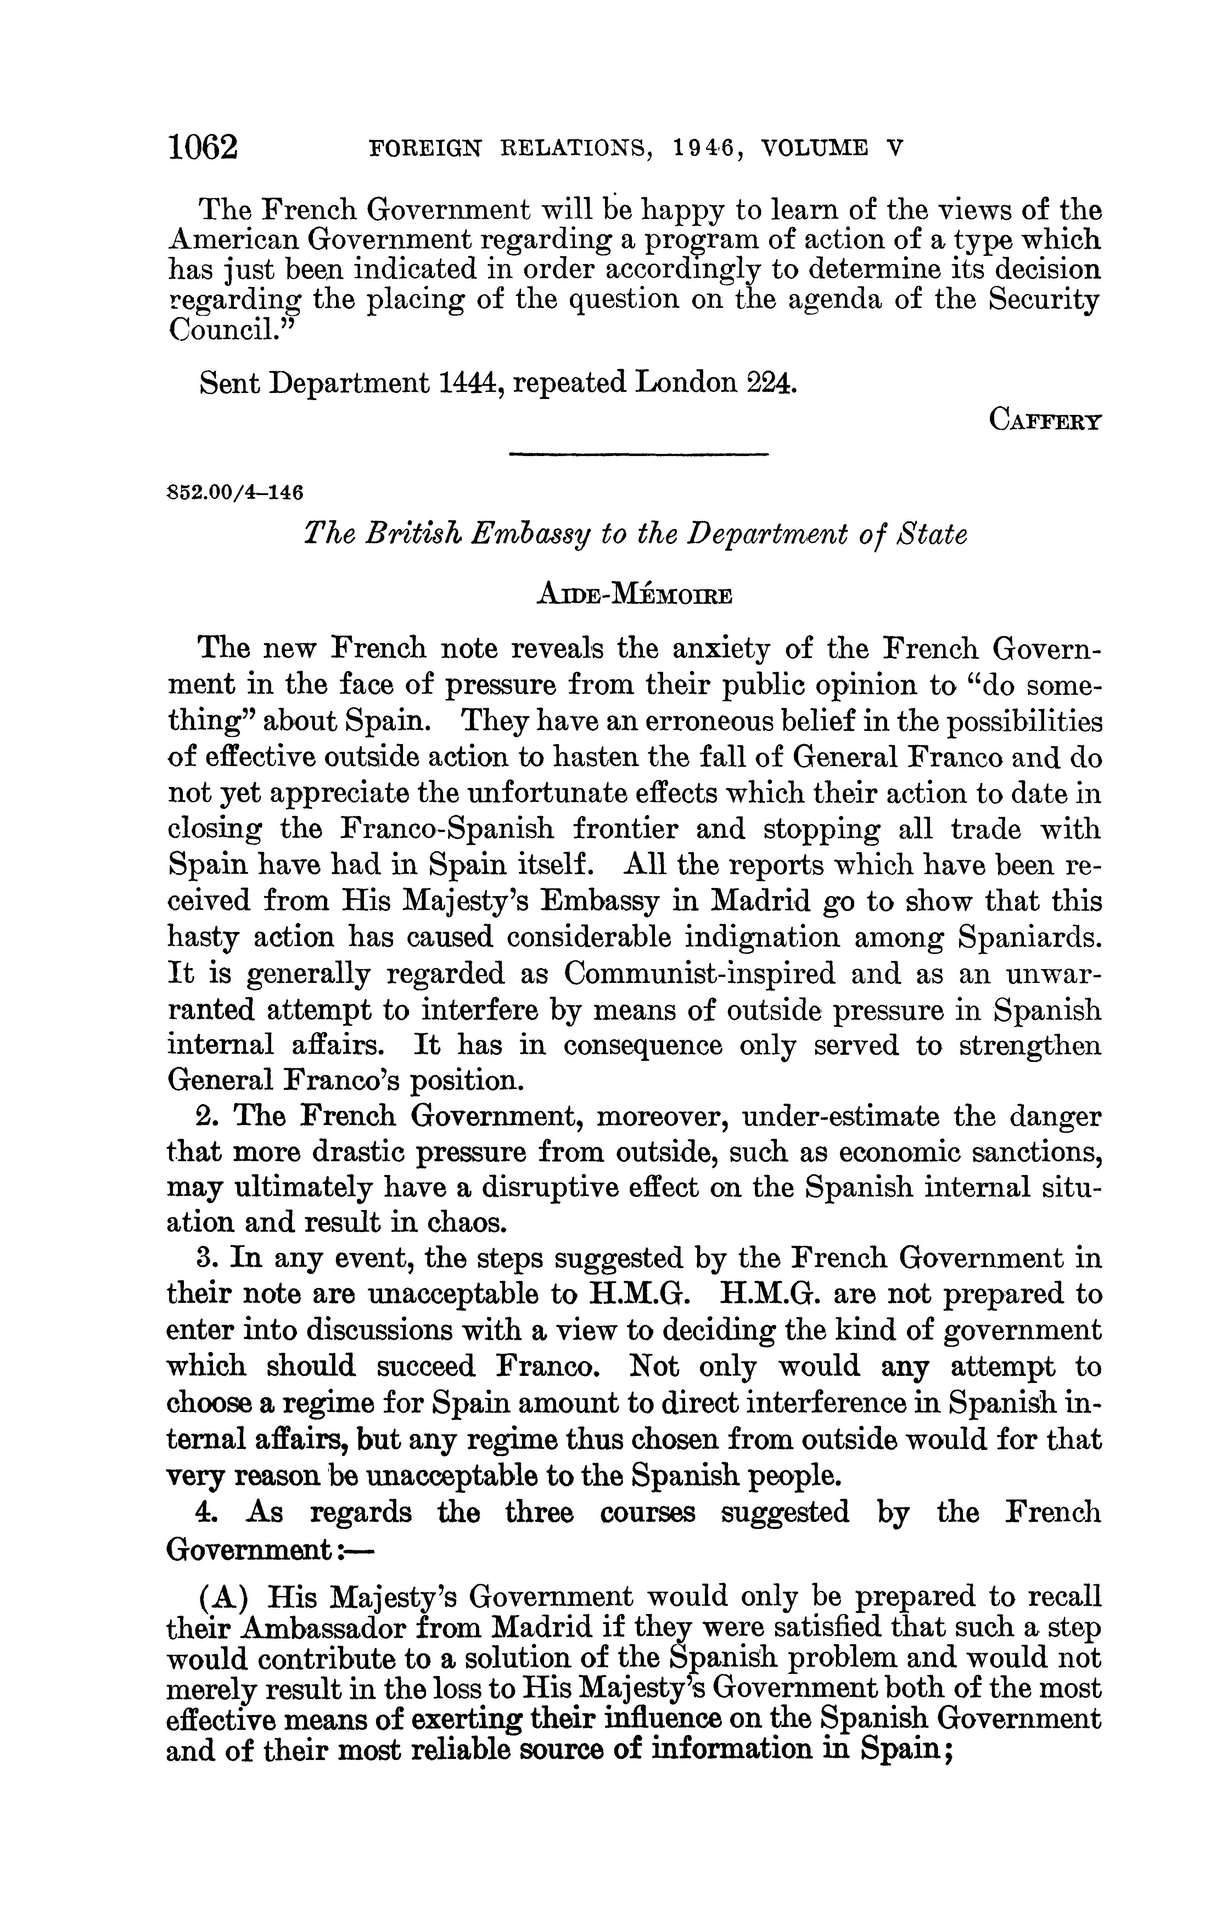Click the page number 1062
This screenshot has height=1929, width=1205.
pos(203,148)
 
